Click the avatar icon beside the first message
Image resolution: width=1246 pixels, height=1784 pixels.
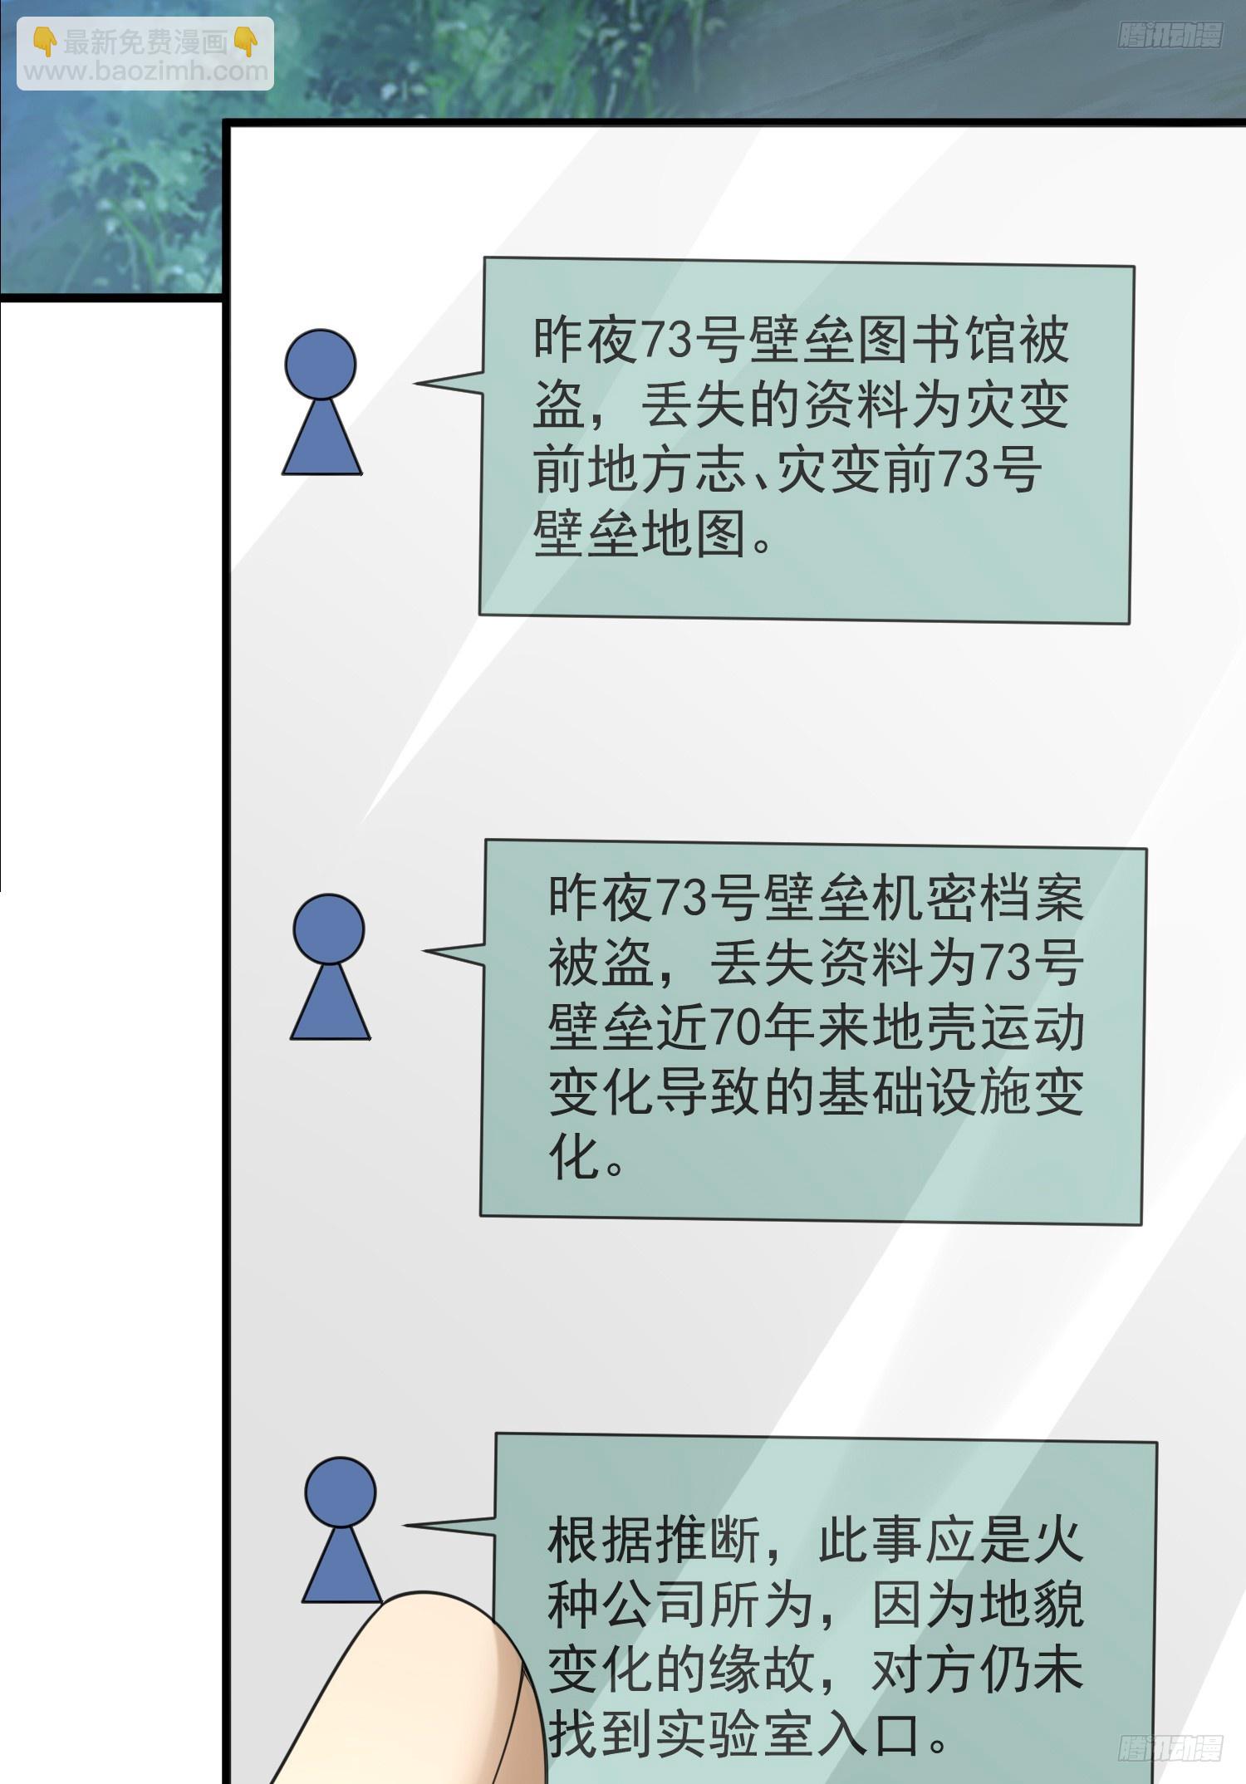pos(321,402)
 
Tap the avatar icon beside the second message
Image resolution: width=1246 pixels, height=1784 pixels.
pos(330,967)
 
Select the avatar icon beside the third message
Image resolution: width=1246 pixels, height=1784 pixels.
pos(341,1531)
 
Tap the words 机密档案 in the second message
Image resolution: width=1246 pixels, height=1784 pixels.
pos(978,897)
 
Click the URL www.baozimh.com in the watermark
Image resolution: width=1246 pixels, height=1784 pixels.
pos(146,72)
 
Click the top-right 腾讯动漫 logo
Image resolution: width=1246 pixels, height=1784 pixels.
pos(1170,37)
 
